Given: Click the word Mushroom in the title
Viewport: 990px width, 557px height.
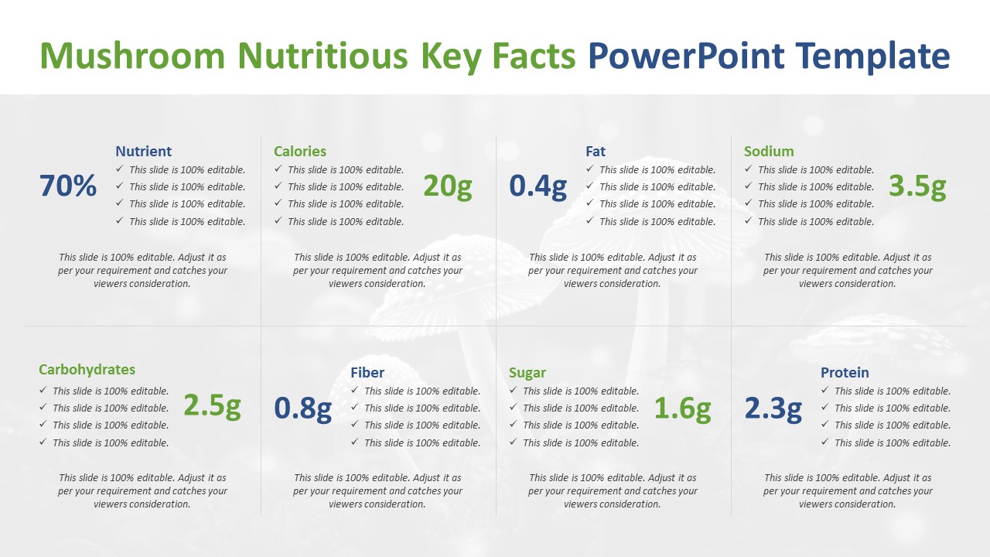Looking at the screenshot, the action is pos(132,56).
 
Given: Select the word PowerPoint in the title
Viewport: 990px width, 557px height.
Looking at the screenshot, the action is pos(686,56).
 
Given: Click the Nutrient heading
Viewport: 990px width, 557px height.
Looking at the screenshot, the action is pos(143,151).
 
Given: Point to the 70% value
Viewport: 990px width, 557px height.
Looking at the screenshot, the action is pos(68,185).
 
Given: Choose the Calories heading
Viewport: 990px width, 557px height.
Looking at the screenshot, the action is pos(300,151).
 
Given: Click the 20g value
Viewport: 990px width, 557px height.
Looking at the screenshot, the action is pos(448,186).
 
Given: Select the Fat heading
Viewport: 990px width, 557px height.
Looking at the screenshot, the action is pos(596,151).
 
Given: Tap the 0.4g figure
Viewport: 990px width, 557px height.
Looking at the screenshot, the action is pos(538,186).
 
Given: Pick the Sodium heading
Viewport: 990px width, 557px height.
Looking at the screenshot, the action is pos(769,151).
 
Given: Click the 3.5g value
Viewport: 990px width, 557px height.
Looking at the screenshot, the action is pos(917,186).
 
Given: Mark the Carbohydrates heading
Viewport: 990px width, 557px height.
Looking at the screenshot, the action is pos(87,370).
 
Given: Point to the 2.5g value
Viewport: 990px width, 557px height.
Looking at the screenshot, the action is pos(212,406).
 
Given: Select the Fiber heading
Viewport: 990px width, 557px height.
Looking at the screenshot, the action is pos(367,373).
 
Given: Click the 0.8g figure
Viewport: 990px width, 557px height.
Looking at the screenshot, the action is pos(302,408).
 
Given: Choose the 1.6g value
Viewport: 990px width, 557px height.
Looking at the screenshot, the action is pos(682,408).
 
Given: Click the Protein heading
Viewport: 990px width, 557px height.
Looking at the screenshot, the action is pos(845,373).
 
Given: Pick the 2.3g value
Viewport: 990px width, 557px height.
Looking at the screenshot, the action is pos(773,408).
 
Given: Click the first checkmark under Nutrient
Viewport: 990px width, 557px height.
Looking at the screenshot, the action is pos(119,169).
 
